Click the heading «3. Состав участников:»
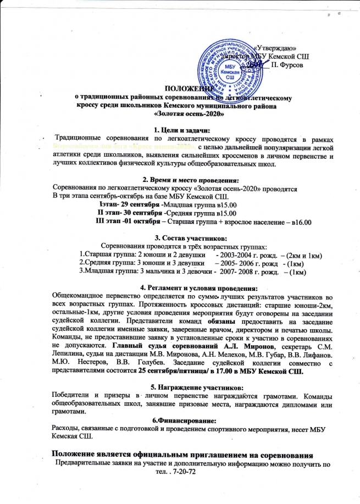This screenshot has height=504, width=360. [180, 238]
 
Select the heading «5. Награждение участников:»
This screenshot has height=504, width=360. [180, 386]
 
